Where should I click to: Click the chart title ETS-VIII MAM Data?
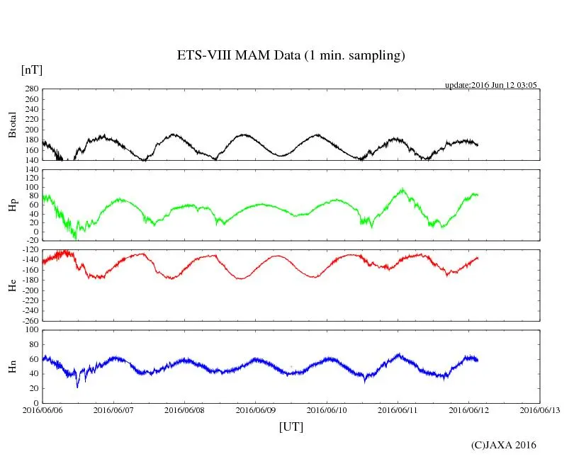pyautogui.click(x=291, y=56)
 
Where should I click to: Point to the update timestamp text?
pyautogui.click(x=490, y=85)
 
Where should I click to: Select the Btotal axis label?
pyautogui.click(x=12, y=125)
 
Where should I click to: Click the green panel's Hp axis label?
pyautogui.click(x=12, y=205)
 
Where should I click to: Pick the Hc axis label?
pyautogui.click(x=12, y=285)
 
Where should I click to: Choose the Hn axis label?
pyautogui.click(x=12, y=366)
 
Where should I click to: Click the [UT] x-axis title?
pyautogui.click(x=291, y=426)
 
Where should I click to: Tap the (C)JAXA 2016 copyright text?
pyautogui.click(x=504, y=445)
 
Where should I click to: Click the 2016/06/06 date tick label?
pyautogui.click(x=43, y=409)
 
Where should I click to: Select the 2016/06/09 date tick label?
pyautogui.click(x=256, y=409)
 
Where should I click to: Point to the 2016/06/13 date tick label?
pyautogui.click(x=540, y=409)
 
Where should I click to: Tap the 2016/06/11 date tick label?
pyautogui.click(x=398, y=409)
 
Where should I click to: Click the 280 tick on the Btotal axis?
pyautogui.click(x=31, y=89)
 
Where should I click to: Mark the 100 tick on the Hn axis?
pyautogui.click(x=31, y=329)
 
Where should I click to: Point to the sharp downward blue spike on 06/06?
pyautogui.click(x=77, y=386)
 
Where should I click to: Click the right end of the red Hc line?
pyautogui.click(x=478, y=258)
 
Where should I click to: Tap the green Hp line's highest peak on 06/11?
pyautogui.click(x=403, y=189)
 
